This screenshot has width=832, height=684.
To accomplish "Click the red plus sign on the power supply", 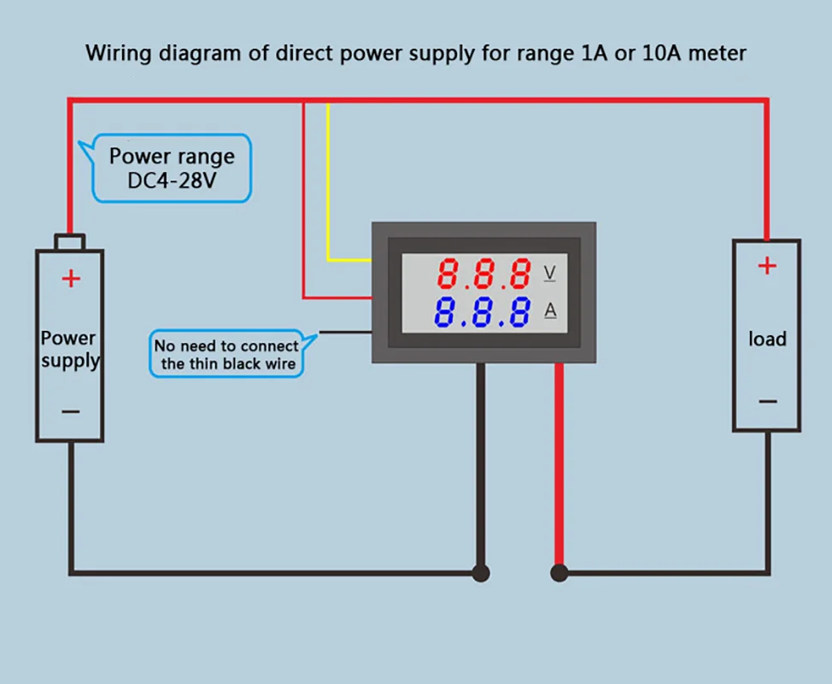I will (x=71, y=278).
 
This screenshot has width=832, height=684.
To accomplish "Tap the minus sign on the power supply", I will (x=71, y=411).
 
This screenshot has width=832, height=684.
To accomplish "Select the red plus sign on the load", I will (x=767, y=266).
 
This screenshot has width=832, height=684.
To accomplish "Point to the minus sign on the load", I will (x=767, y=401).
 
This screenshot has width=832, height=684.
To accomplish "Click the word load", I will (x=767, y=339).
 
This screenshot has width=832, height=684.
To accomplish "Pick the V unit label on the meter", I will (x=550, y=273).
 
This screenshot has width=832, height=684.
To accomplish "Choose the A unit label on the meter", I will (x=550, y=310).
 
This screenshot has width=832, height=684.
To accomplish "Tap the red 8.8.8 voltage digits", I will (x=483, y=274).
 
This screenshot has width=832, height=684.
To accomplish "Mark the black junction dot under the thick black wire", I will (x=481, y=573).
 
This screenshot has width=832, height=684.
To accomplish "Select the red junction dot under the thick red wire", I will (x=560, y=573).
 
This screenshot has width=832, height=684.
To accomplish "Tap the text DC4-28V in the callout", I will (x=172, y=181).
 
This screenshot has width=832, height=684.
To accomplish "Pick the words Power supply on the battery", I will (x=69, y=349).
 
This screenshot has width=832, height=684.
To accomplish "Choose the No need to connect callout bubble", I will (x=226, y=355).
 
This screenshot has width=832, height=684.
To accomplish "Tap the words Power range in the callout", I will (x=172, y=156).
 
